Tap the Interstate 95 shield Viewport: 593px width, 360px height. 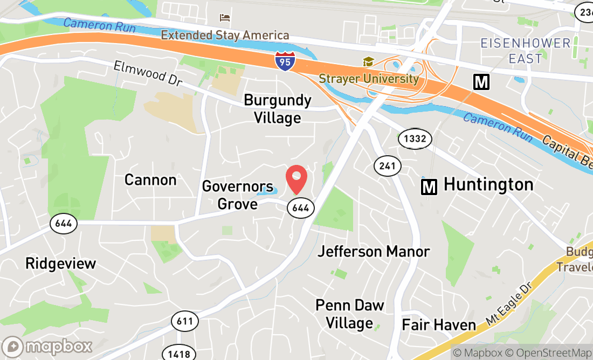285,61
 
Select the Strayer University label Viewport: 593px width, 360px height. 369,79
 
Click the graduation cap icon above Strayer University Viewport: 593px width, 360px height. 368,62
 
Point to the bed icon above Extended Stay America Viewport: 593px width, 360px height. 225,18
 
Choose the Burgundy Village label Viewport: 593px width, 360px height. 278,108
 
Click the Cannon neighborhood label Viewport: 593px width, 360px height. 150,179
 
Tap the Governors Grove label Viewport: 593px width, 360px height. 237,195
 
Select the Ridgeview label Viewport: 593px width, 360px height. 61,264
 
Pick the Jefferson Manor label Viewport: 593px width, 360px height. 374,251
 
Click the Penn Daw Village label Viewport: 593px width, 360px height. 350,314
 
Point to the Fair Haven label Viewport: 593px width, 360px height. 439,325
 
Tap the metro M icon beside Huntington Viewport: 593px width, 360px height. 429,187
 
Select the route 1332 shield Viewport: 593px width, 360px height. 415,139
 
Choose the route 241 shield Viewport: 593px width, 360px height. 388,166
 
